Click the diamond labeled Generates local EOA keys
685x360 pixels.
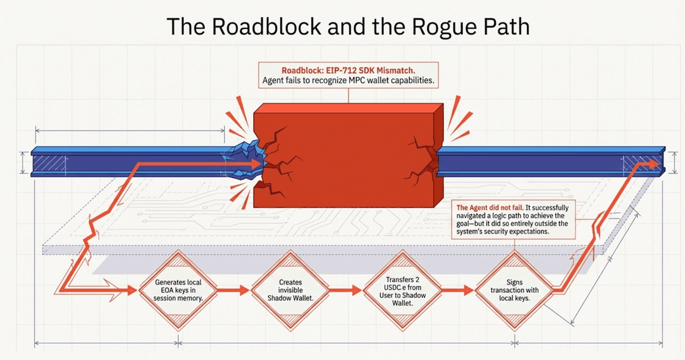(x=178, y=290)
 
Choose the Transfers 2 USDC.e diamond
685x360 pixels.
(x=403, y=290)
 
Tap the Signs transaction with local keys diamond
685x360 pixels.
(x=514, y=290)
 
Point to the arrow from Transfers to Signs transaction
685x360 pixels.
(x=459, y=290)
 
